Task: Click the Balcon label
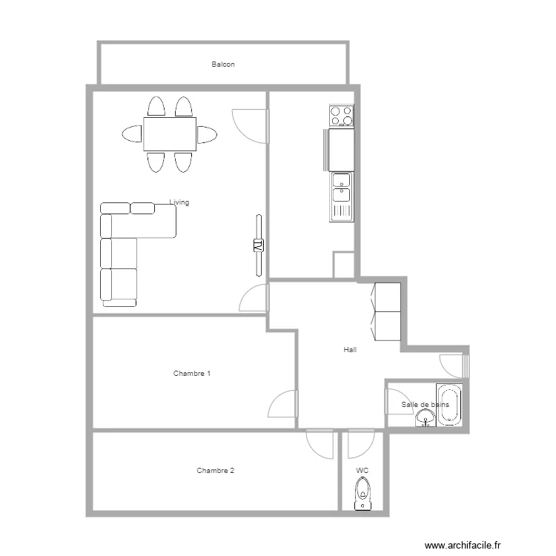point(223,64)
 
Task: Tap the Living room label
point(179,202)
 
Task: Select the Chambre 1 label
point(192,374)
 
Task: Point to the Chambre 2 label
point(216,471)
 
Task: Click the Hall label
point(350,349)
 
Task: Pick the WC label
point(362,471)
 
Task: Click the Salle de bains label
point(425,405)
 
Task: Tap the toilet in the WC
point(363,493)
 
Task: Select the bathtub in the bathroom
point(449,405)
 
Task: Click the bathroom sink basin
point(424,420)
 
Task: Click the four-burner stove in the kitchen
point(341,116)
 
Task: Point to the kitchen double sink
point(341,187)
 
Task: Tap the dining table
point(170,134)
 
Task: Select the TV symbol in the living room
point(259,245)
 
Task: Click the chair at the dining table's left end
point(132,134)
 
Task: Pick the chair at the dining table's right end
point(207,134)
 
